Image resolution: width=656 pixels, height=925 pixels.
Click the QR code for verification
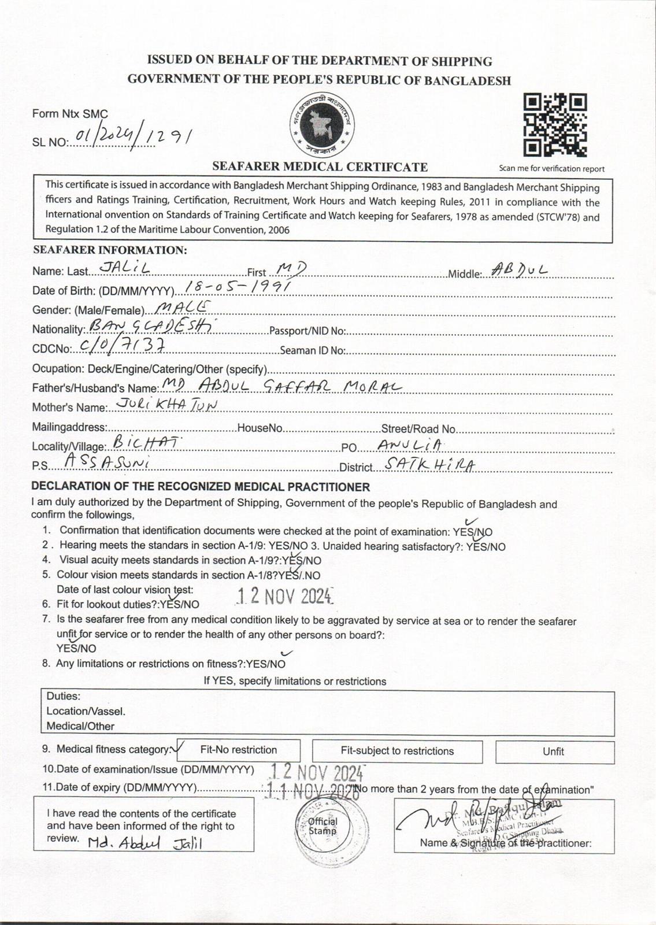(555, 125)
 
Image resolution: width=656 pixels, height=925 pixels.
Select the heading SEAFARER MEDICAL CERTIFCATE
(320, 167)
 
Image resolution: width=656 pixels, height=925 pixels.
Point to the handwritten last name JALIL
(125, 267)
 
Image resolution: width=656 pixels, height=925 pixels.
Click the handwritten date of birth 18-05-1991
(238, 286)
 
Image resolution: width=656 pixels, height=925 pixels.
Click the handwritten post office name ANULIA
(410, 444)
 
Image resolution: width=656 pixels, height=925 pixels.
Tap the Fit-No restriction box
(239, 750)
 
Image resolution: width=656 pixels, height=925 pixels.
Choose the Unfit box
(554, 752)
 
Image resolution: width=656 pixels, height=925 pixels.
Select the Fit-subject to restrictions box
(397, 751)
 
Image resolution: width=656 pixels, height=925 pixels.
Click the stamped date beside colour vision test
(285, 595)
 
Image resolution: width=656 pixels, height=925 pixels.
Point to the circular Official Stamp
(323, 826)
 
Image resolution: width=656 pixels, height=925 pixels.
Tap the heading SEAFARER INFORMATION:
(110, 250)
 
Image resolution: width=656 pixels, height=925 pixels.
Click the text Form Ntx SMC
(70, 114)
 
